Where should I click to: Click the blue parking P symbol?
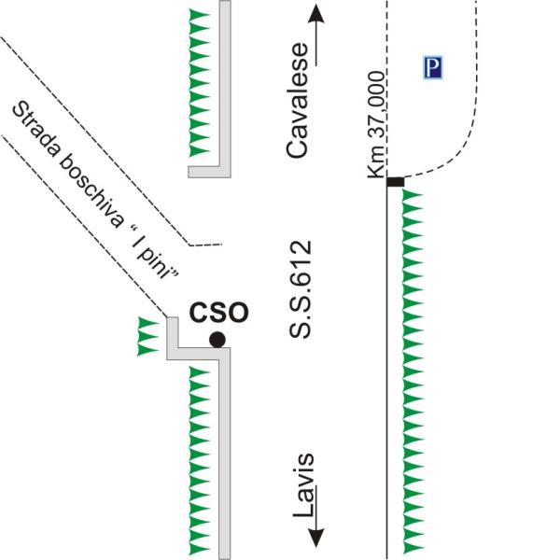[432, 67]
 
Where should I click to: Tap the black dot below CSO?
[217, 340]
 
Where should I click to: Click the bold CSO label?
[218, 313]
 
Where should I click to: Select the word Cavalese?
[297, 101]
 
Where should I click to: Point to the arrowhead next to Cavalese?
[316, 14]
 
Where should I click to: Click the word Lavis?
[303, 486]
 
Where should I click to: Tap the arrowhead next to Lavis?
[315, 538]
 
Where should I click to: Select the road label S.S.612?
[300, 289]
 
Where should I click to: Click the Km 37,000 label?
[376, 125]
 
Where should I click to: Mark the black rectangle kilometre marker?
[396, 182]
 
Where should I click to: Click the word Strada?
[35, 131]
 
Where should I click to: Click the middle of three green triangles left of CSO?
[148, 336]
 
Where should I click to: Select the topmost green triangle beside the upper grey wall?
[199, 15]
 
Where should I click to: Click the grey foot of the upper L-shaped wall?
[209, 172]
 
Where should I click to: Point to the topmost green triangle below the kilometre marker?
[413, 195]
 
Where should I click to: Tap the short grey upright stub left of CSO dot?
[173, 332]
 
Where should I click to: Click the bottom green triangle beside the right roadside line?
[413, 547]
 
